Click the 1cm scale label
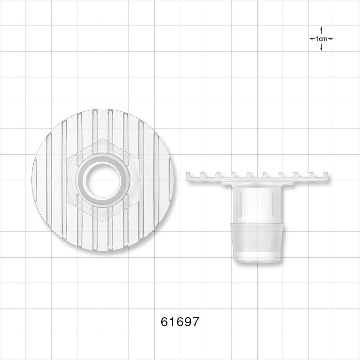[321, 39]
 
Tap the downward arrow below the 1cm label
[321, 46]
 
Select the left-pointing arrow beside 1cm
[312, 39]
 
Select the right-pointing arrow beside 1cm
[330, 39]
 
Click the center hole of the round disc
[102, 180]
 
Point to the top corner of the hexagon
[102, 139]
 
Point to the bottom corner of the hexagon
[102, 221]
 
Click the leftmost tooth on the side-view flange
[188, 174]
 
